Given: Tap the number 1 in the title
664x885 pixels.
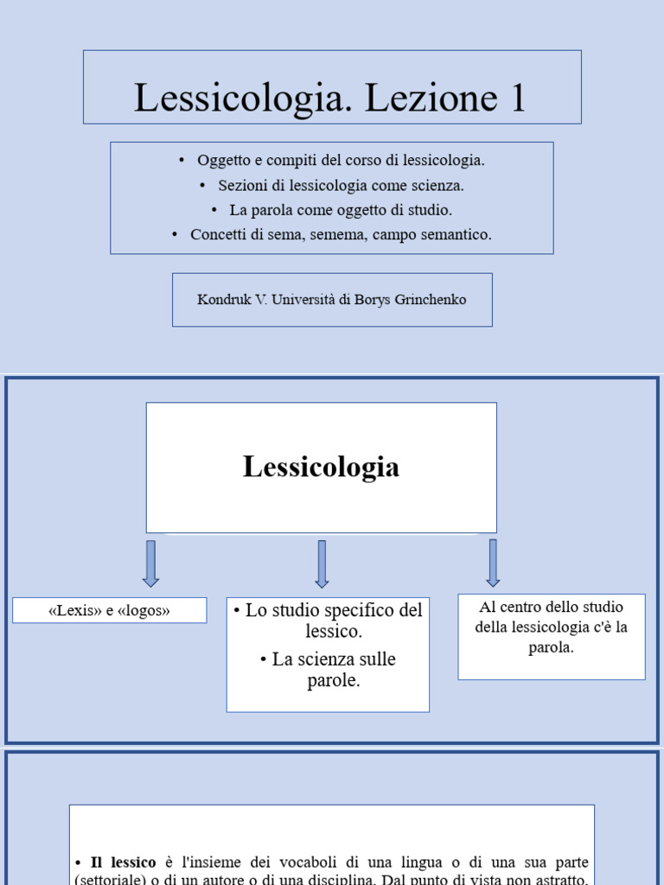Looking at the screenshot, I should pos(517,98).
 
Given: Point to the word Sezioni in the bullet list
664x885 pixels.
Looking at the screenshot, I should pos(242,185).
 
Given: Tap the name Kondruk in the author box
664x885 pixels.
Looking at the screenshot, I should pos(225,300).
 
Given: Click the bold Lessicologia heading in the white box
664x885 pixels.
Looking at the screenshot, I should pos(321,468).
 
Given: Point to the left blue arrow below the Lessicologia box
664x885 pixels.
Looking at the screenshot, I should pos(150,563).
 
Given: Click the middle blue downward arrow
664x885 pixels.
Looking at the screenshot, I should pos(322,563).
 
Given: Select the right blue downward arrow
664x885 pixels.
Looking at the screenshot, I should pos(493,562).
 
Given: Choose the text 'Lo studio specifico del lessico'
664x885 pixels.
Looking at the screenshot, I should pos(328,621).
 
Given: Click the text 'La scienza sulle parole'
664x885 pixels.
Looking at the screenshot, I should pos(328,670).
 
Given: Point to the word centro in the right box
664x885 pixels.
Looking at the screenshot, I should pos(524,608).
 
